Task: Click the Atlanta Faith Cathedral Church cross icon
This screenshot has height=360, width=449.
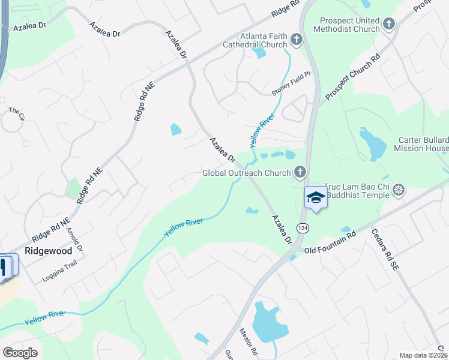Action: pos(296,40)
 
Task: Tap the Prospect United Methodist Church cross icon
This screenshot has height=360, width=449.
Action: pos(389,24)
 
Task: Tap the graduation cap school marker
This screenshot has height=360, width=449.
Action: pos(316,197)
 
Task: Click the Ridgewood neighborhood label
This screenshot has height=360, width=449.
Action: pos(48,250)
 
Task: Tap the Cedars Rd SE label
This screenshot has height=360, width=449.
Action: pos(381,248)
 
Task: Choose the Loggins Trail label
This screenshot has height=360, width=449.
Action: pos(61,274)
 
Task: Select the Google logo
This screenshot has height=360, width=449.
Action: pos(20,353)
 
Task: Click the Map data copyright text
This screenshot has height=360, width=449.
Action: pos(423,355)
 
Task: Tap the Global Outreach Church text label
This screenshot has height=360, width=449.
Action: pos(246,173)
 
